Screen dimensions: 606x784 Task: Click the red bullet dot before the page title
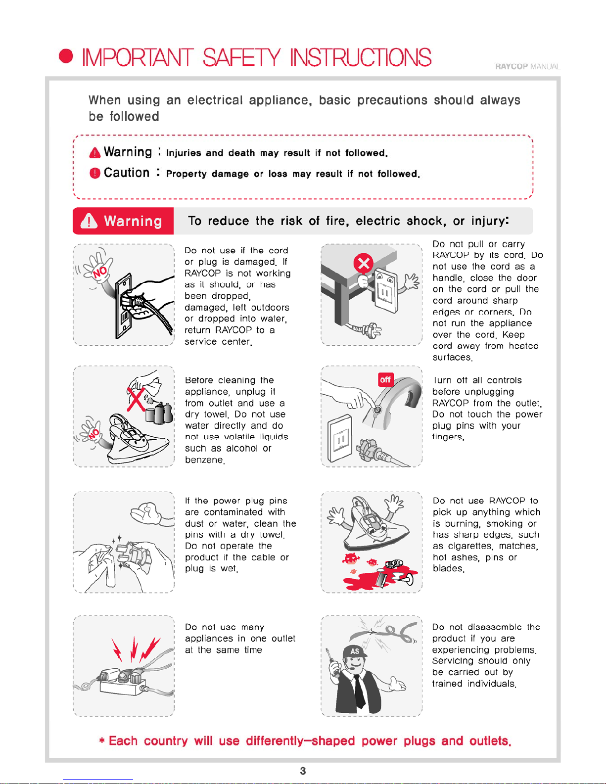(x=66, y=56)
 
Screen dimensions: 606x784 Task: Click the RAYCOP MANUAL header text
(x=528, y=67)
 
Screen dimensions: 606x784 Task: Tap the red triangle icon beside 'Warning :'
(x=95, y=153)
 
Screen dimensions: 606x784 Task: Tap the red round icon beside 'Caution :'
(x=95, y=173)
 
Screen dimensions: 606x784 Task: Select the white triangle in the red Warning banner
(x=89, y=221)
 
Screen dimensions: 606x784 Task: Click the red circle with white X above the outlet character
(x=363, y=263)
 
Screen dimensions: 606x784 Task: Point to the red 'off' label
(x=385, y=379)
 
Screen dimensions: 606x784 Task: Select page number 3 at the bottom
(x=303, y=771)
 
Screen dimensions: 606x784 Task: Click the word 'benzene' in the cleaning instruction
(x=204, y=460)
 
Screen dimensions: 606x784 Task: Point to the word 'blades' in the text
(x=448, y=568)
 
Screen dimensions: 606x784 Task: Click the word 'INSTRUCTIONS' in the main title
(x=361, y=57)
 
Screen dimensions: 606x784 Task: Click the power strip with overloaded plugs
(x=123, y=682)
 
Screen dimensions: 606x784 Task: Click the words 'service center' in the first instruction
(x=218, y=342)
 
